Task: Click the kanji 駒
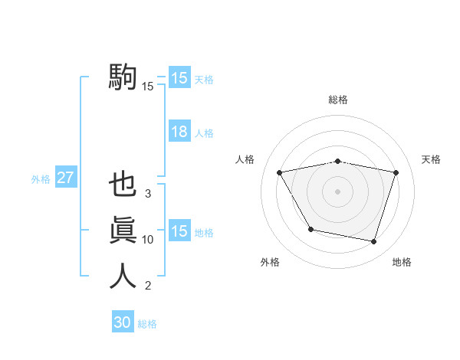pyautogui.click(x=123, y=77)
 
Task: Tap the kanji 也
pyautogui.click(x=123, y=185)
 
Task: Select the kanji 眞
pyautogui.click(x=123, y=231)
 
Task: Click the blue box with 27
pyautogui.click(x=65, y=178)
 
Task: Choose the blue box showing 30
pyautogui.click(x=123, y=322)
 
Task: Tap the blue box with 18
pyautogui.click(x=179, y=132)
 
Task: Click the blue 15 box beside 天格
pyautogui.click(x=179, y=78)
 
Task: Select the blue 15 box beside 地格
pyautogui.click(x=179, y=231)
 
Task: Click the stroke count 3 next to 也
pyautogui.click(x=147, y=194)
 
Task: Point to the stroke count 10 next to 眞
pyautogui.click(x=147, y=240)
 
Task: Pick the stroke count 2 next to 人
pyautogui.click(x=147, y=286)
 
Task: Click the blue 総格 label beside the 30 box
pyautogui.click(x=147, y=324)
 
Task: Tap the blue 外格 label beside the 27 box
pyautogui.click(x=41, y=179)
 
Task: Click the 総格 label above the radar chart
pyautogui.click(x=337, y=100)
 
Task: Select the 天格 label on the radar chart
pyautogui.click(x=431, y=159)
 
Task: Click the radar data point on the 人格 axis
pyautogui.click(x=280, y=172)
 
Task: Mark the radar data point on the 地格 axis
pyautogui.click(x=373, y=242)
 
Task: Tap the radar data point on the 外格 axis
pyautogui.click(x=310, y=229)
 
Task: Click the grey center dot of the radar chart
pyautogui.click(x=337, y=191)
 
